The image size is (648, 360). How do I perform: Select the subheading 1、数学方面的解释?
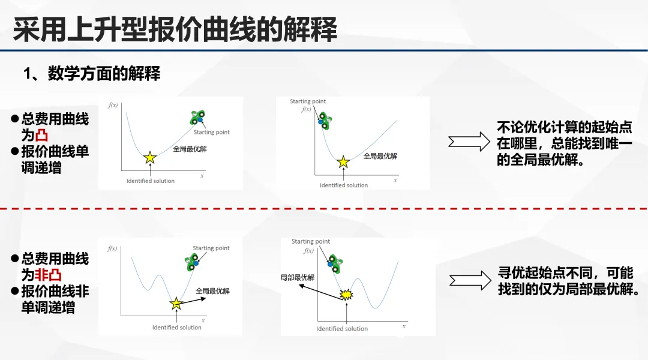92,74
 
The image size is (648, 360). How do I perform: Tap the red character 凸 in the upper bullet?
41,135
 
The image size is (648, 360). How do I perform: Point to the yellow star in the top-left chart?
149,158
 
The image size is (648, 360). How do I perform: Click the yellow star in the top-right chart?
343,162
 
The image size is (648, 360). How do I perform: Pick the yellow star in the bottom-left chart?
176,304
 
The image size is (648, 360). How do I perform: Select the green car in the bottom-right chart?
334,264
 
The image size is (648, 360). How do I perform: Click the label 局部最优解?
298,278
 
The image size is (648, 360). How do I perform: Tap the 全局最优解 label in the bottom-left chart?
213,291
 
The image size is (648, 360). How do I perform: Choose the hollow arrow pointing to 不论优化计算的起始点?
469,143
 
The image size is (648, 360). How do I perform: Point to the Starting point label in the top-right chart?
308,101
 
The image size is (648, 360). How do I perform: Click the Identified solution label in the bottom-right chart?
342,329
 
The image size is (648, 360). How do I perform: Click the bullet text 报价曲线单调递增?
55,159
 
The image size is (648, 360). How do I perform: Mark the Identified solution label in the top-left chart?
151,181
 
